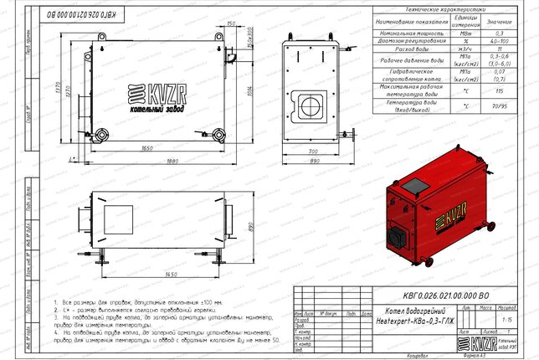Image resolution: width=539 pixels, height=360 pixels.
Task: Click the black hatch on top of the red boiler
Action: click(414, 184)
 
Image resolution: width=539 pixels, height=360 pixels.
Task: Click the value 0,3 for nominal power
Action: click(499, 31)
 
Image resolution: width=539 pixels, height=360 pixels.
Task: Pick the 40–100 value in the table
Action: click(499, 40)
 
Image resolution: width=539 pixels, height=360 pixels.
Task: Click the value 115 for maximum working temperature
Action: click(499, 90)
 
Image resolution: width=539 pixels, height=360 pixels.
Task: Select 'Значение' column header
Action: click(499, 20)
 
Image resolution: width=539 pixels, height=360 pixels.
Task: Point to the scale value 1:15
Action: click(505, 319)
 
